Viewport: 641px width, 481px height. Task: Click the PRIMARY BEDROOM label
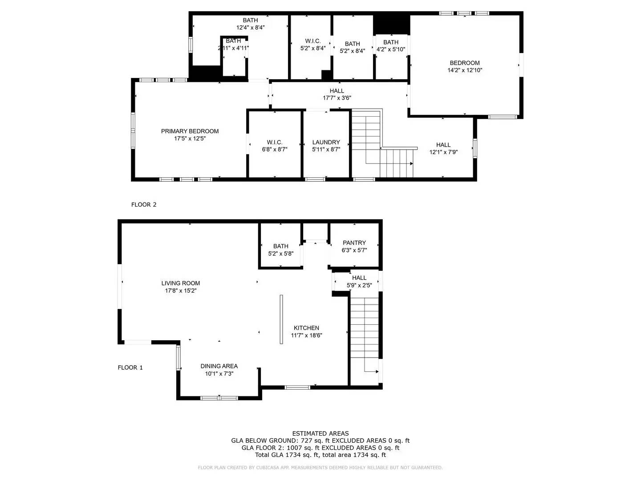pyautogui.click(x=190, y=131)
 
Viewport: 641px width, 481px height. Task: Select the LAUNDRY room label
pyautogui.click(x=326, y=143)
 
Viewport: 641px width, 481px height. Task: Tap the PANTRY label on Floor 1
pyautogui.click(x=354, y=243)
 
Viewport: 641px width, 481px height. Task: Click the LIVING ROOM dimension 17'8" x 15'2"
pyautogui.click(x=181, y=291)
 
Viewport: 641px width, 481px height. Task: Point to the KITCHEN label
pyautogui.click(x=306, y=328)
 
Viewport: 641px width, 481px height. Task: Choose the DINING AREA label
pyautogui.click(x=219, y=366)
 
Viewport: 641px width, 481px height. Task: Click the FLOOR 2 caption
pyautogui.click(x=144, y=205)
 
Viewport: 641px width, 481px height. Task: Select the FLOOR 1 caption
pyautogui.click(x=130, y=368)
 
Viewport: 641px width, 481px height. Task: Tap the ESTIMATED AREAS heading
pyautogui.click(x=320, y=433)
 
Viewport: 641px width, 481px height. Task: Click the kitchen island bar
pyautogui.click(x=281, y=319)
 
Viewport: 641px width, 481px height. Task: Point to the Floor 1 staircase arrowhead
pyautogui.click(x=375, y=371)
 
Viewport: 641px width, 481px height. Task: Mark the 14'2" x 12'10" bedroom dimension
pyautogui.click(x=465, y=70)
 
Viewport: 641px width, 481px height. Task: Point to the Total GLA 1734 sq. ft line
pyautogui.click(x=320, y=455)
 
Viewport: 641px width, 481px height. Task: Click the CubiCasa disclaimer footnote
pyautogui.click(x=320, y=468)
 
